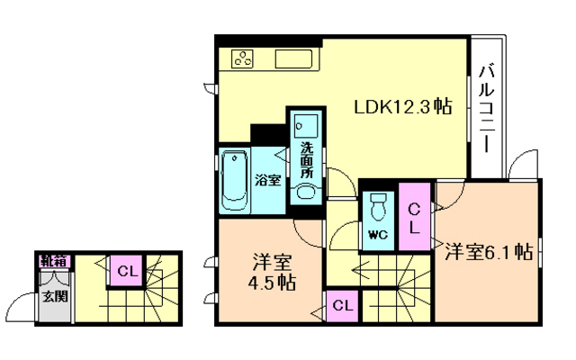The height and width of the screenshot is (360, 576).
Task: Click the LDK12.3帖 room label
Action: (x=402, y=107)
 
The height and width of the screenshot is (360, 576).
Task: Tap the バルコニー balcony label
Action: (x=486, y=108)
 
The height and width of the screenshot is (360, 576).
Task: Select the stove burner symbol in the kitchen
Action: (x=242, y=58)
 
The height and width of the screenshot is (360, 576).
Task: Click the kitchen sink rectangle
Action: (x=293, y=59)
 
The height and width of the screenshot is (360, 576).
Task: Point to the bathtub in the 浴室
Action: (x=234, y=180)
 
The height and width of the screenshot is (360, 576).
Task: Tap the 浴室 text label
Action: (x=268, y=180)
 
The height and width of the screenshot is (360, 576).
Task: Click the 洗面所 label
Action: (x=306, y=160)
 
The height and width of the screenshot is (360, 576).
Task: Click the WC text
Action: (x=378, y=234)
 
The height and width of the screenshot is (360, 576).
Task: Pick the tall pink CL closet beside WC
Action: (x=414, y=217)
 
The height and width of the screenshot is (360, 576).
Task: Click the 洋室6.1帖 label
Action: (x=489, y=252)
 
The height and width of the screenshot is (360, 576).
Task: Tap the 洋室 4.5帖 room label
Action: (x=272, y=272)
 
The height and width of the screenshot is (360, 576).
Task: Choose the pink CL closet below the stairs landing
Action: (x=342, y=306)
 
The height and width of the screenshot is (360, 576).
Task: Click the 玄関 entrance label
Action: (x=55, y=296)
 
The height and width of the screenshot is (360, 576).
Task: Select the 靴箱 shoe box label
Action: (x=55, y=262)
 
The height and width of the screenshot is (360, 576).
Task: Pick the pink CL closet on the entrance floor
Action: (x=127, y=271)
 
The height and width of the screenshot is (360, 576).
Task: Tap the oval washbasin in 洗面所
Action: (x=306, y=192)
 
